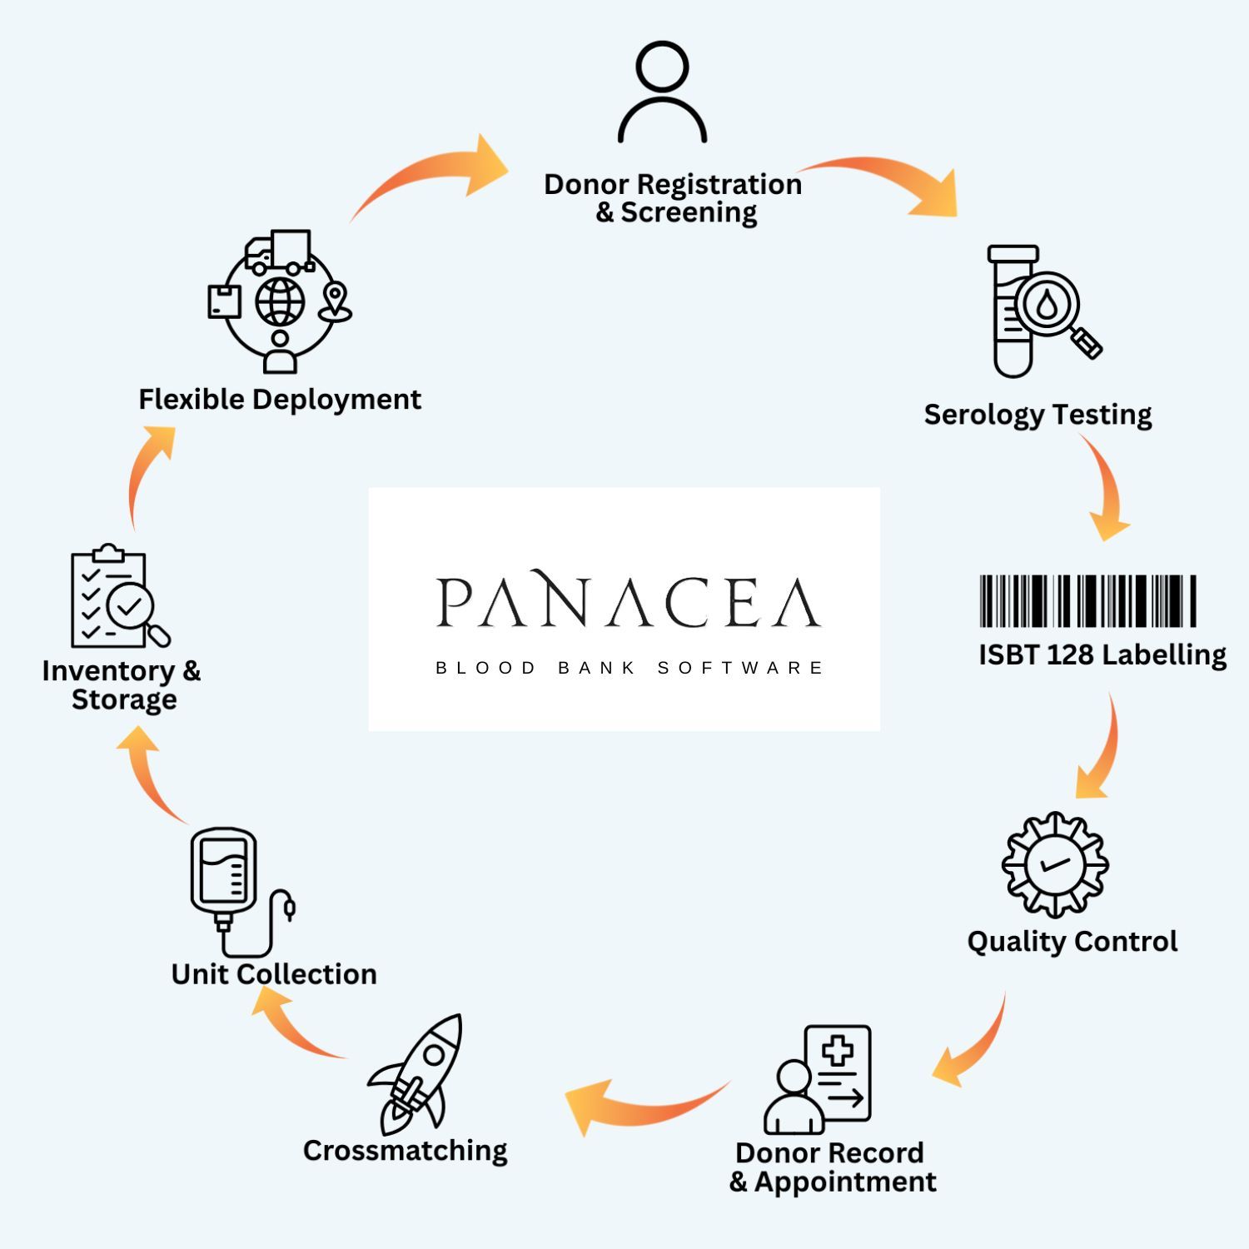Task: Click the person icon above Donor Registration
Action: click(662, 92)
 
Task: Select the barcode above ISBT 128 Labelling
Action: click(1087, 600)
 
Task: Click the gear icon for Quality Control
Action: click(1054, 864)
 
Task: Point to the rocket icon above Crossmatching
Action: click(417, 1074)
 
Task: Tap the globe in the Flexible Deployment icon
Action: click(280, 301)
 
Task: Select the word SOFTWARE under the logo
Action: click(740, 668)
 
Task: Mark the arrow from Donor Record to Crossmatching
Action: click(641, 1103)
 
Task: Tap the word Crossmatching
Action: click(405, 1151)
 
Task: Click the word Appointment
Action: click(845, 1182)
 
